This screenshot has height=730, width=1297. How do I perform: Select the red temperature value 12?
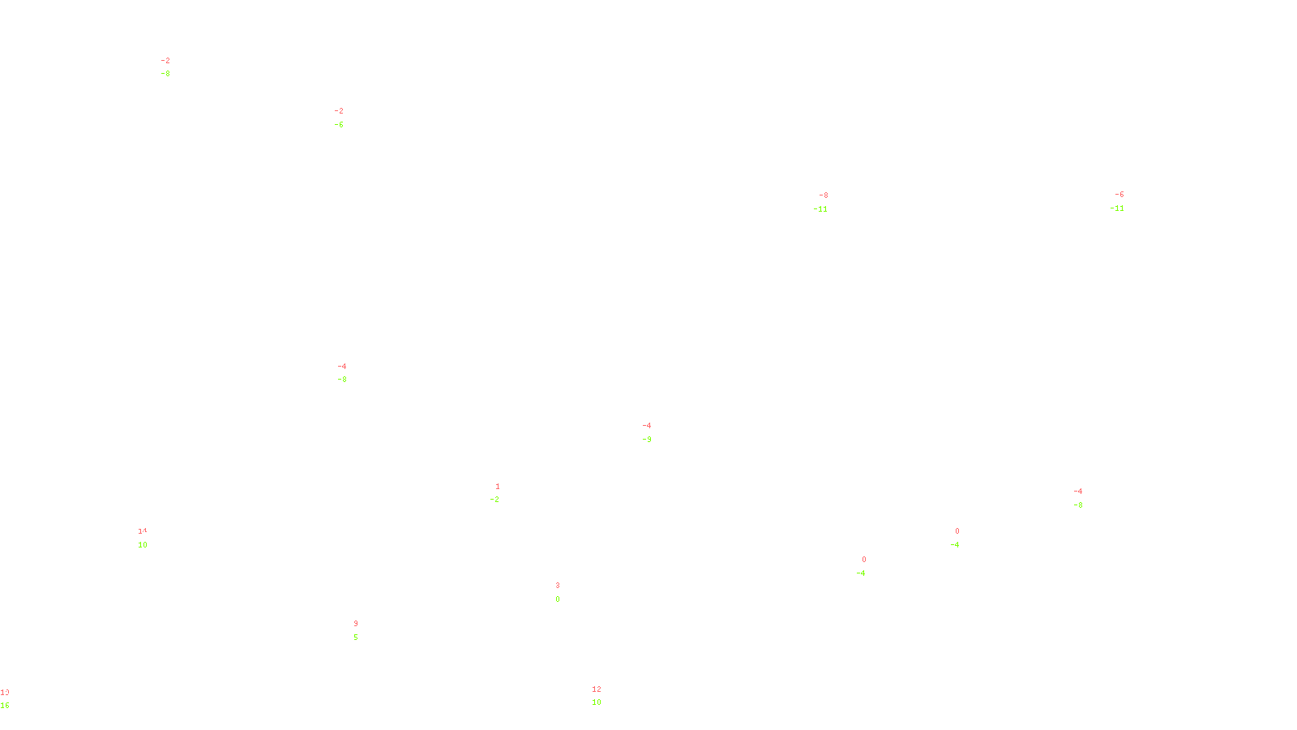coord(597,689)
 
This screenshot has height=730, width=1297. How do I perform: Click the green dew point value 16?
coord(5,706)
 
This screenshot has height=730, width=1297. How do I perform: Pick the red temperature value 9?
coord(356,624)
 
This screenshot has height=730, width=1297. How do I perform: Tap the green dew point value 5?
coord(356,638)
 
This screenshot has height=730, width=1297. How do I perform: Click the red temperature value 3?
coord(558,586)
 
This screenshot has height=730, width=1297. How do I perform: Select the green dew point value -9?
coord(647,440)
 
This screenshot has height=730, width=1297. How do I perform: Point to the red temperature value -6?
coord(1119,195)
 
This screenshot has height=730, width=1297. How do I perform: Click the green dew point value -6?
coord(339,125)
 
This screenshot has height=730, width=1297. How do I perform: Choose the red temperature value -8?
coord(824,195)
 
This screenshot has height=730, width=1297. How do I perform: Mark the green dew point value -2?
coord(495,500)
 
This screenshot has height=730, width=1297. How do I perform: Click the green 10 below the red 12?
coord(597,702)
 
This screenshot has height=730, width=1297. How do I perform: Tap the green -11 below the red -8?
coord(821,209)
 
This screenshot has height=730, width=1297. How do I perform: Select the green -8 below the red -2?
coord(165,74)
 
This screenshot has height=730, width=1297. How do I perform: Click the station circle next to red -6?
coord(1127,202)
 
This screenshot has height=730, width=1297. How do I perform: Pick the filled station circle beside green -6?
coord(347,118)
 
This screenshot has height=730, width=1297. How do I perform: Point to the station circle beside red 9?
coord(361,631)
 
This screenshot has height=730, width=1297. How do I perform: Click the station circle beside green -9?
coord(654,432)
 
